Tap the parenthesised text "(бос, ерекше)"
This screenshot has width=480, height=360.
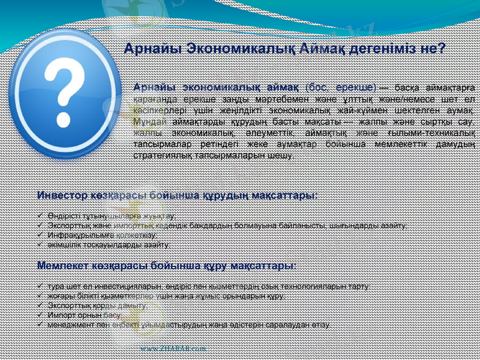(x=340, y=88)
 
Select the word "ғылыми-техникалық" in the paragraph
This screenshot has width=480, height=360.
(x=436, y=133)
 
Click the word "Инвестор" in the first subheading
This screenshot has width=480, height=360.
(x=60, y=195)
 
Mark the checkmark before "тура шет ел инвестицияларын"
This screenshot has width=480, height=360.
(x=40, y=286)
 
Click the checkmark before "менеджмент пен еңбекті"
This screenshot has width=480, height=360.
(x=40, y=325)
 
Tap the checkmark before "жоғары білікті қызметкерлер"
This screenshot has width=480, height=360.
(x=40, y=295)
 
